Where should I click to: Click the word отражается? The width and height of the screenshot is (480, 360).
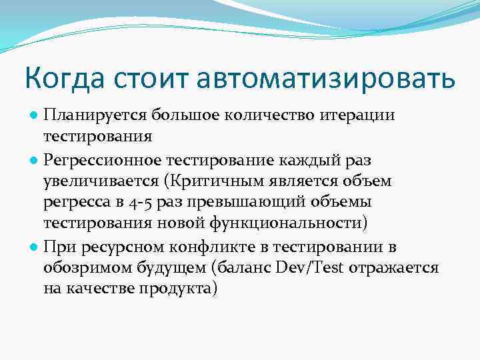coord(401,268)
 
